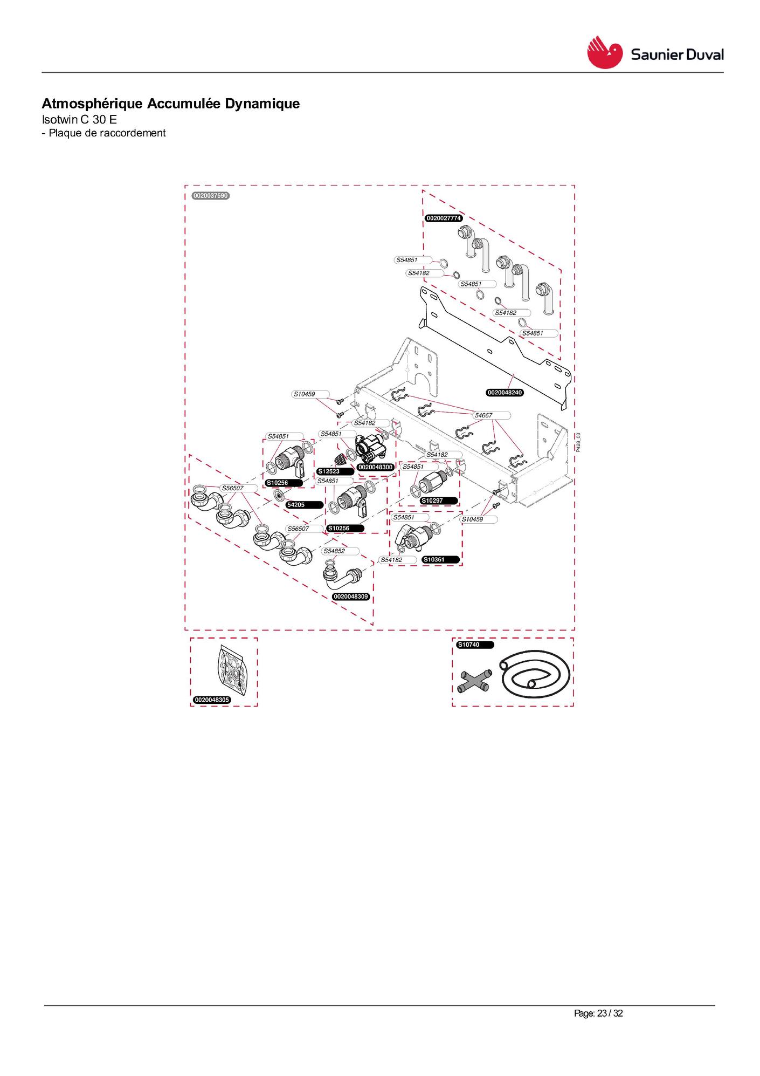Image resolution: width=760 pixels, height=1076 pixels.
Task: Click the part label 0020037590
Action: pos(211,196)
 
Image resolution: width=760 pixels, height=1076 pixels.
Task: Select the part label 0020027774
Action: pos(444,218)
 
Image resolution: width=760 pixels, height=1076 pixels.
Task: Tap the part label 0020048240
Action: pos(505,393)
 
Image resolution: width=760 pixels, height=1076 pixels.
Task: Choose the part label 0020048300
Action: pos(376,467)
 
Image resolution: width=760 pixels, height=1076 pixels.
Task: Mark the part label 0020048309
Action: pos(351,597)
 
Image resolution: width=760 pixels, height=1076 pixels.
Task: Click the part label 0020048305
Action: pos(212,700)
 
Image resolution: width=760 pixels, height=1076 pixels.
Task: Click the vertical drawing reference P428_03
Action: pos(578,442)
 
